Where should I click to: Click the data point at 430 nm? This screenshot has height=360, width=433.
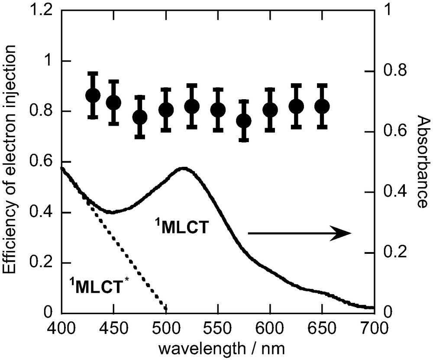(93, 95)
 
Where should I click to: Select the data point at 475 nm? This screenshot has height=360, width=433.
(140, 117)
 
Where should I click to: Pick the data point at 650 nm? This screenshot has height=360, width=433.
(322, 106)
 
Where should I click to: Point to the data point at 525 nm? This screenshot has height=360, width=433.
(192, 106)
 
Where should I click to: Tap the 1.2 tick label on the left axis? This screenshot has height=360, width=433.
(45, 10)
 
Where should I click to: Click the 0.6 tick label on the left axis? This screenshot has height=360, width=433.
(45, 162)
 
